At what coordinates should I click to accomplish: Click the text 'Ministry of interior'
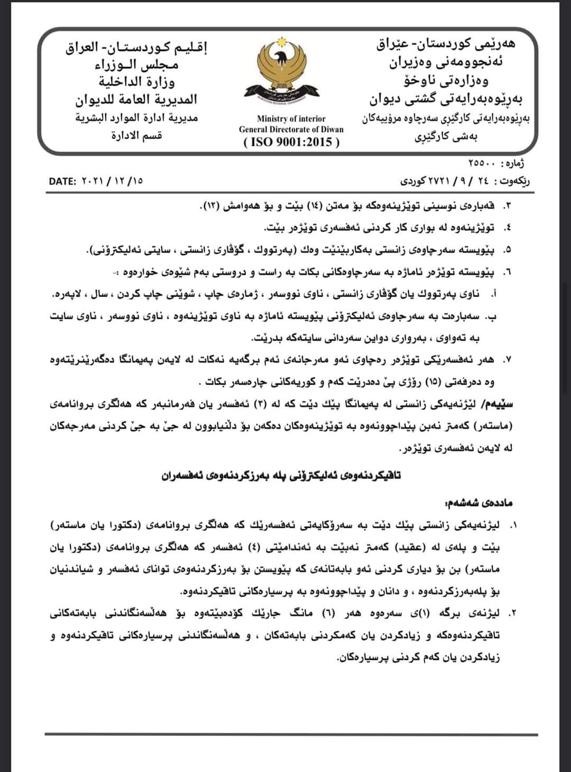[291, 118]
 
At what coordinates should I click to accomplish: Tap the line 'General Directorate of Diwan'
[291, 130]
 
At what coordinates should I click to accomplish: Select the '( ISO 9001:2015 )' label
[291, 142]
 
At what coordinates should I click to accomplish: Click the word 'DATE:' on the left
[63, 181]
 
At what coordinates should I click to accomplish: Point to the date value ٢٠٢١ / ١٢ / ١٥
[113, 181]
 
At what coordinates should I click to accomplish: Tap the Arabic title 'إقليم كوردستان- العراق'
[136, 48]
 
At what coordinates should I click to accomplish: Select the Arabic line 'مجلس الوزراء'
[136, 65]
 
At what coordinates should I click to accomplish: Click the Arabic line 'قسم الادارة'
[136, 135]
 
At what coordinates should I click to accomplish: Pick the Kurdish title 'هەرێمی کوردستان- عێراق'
[446, 44]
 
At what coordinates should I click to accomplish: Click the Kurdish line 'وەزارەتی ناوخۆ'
[446, 80]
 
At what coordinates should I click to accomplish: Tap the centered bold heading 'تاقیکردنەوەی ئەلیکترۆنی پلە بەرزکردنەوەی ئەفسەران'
[281, 475]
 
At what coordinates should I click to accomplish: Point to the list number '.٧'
[509, 360]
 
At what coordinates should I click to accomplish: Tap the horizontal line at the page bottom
[291, 734]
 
